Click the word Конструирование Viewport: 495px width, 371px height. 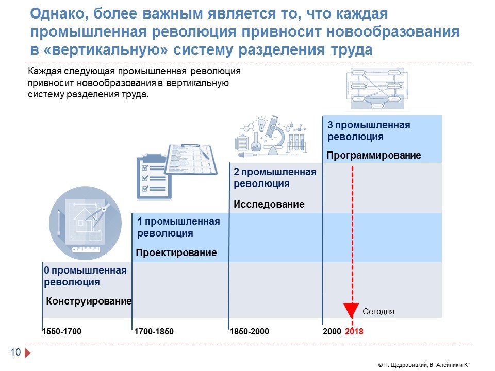coord(89,301)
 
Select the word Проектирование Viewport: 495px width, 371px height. coord(176,252)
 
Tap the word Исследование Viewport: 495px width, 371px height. coord(269,204)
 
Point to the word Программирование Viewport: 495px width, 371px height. coord(374,155)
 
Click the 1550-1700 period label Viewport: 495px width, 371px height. coord(62,331)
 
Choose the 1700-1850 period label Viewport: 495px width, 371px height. coord(154,331)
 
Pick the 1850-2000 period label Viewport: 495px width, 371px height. coord(249,331)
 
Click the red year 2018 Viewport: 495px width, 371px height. coord(354,331)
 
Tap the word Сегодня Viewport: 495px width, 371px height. coord(378,312)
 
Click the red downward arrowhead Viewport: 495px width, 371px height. coord(351,310)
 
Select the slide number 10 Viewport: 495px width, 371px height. coord(15,352)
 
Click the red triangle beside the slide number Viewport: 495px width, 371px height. coord(27,352)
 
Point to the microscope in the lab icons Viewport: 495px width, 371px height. coord(275,135)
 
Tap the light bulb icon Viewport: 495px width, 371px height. coord(261,124)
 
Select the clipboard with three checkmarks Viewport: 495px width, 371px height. coord(154,177)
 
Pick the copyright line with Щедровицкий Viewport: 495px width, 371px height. coord(424,365)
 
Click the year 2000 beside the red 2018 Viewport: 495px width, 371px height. coord(332,331)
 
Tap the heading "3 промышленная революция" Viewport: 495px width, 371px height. coord(369,131)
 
